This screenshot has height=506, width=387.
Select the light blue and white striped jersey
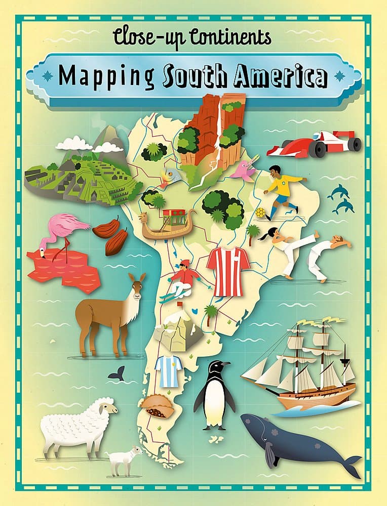[168, 370]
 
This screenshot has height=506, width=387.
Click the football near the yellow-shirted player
[260, 213]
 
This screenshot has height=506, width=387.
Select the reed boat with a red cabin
[167, 223]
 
